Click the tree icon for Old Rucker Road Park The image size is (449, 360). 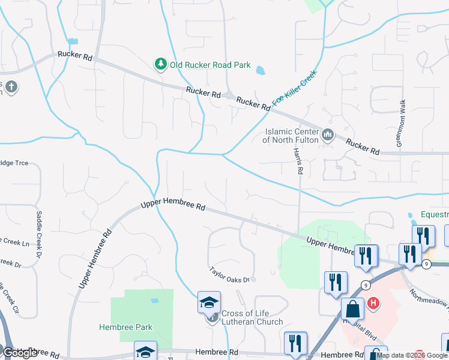pyautogui.click(x=161, y=65)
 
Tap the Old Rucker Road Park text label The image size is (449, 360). pyautogui.click(x=210, y=65)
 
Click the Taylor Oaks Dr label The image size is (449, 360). pyautogui.click(x=232, y=275)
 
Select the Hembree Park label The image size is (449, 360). pyautogui.click(x=125, y=327)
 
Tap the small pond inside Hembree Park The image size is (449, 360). pyautogui.click(x=154, y=301)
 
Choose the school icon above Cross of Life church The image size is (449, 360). pyautogui.click(x=209, y=302)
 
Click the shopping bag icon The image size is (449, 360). pyautogui.click(x=353, y=309)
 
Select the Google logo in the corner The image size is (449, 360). pyautogui.click(x=20, y=353)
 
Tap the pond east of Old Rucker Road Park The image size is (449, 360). pyautogui.click(x=261, y=71)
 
